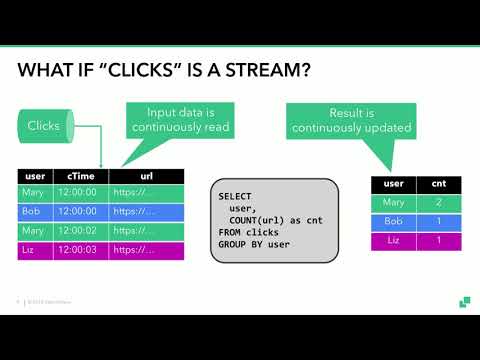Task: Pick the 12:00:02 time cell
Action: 76,230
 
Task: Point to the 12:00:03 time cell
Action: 76,249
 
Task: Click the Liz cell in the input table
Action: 32,249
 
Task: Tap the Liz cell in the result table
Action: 393,241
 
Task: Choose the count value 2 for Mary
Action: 438,203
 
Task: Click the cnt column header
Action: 438,184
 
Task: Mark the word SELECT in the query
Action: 235,196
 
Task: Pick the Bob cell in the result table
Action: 393,222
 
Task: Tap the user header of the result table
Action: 393,184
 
